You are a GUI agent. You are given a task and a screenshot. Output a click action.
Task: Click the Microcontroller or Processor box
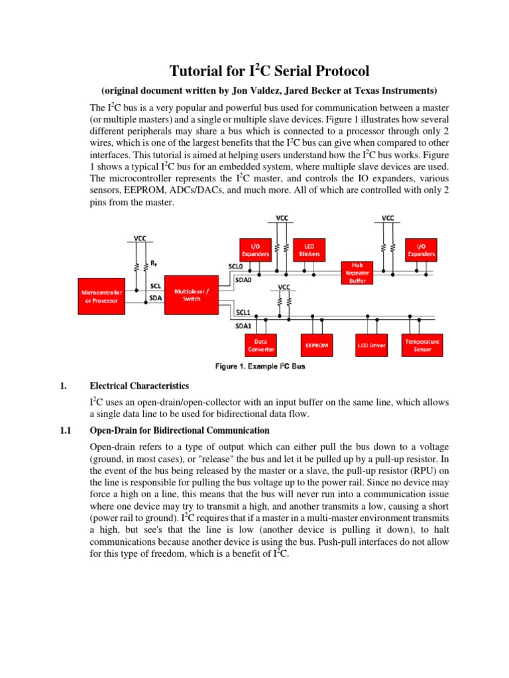coord(100,295)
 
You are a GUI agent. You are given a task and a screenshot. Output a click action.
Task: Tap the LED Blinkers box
coord(310,249)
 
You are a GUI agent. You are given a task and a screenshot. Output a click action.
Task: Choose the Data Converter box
coord(265,346)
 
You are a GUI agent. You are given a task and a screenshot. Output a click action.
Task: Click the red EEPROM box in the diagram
coord(315,346)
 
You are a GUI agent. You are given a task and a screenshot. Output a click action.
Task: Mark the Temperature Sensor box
coord(422,346)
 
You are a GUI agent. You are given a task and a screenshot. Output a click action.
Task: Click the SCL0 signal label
coord(227,267)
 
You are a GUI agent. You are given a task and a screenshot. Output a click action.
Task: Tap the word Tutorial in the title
coord(196,71)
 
